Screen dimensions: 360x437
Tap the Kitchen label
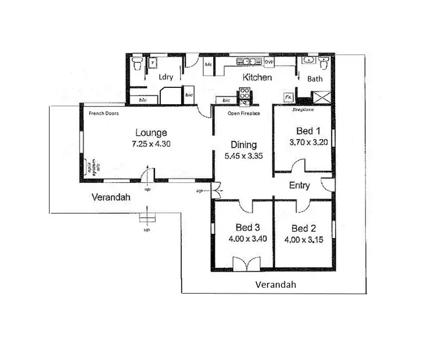click(x=257, y=77)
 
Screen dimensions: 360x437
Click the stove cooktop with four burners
click(x=244, y=93)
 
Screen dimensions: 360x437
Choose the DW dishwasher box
click(x=269, y=61)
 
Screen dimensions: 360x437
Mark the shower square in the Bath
click(x=320, y=97)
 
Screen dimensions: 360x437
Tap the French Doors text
click(x=104, y=114)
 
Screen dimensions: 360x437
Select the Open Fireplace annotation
click(x=244, y=114)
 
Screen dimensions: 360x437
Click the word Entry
click(x=299, y=186)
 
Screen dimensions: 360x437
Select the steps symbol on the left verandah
click(x=148, y=218)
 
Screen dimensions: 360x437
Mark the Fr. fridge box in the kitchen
click(x=288, y=97)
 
